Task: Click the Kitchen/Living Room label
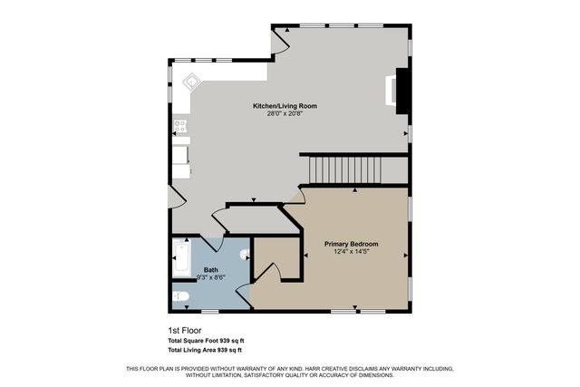285,106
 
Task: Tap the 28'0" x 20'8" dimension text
285,114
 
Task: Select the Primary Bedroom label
352,245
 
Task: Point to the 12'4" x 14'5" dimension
352,253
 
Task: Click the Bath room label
210,270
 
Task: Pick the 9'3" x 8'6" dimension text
210,278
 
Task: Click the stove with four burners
181,126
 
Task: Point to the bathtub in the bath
181,260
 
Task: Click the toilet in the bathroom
180,296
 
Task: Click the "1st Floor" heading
184,330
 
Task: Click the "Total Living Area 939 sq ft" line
205,350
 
